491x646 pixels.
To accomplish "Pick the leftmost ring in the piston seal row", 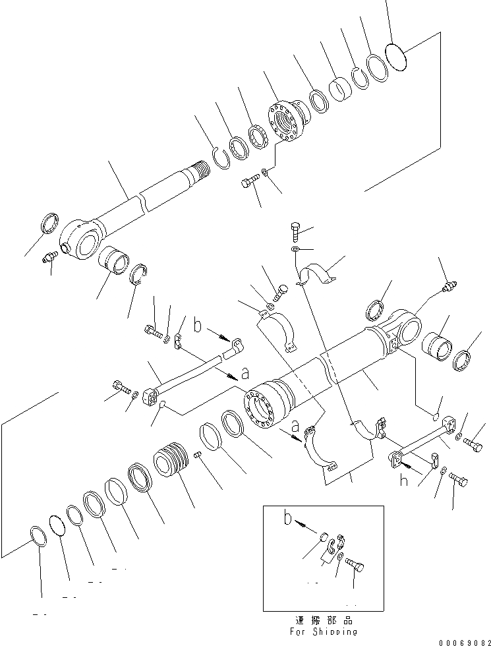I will coord(38,535).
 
